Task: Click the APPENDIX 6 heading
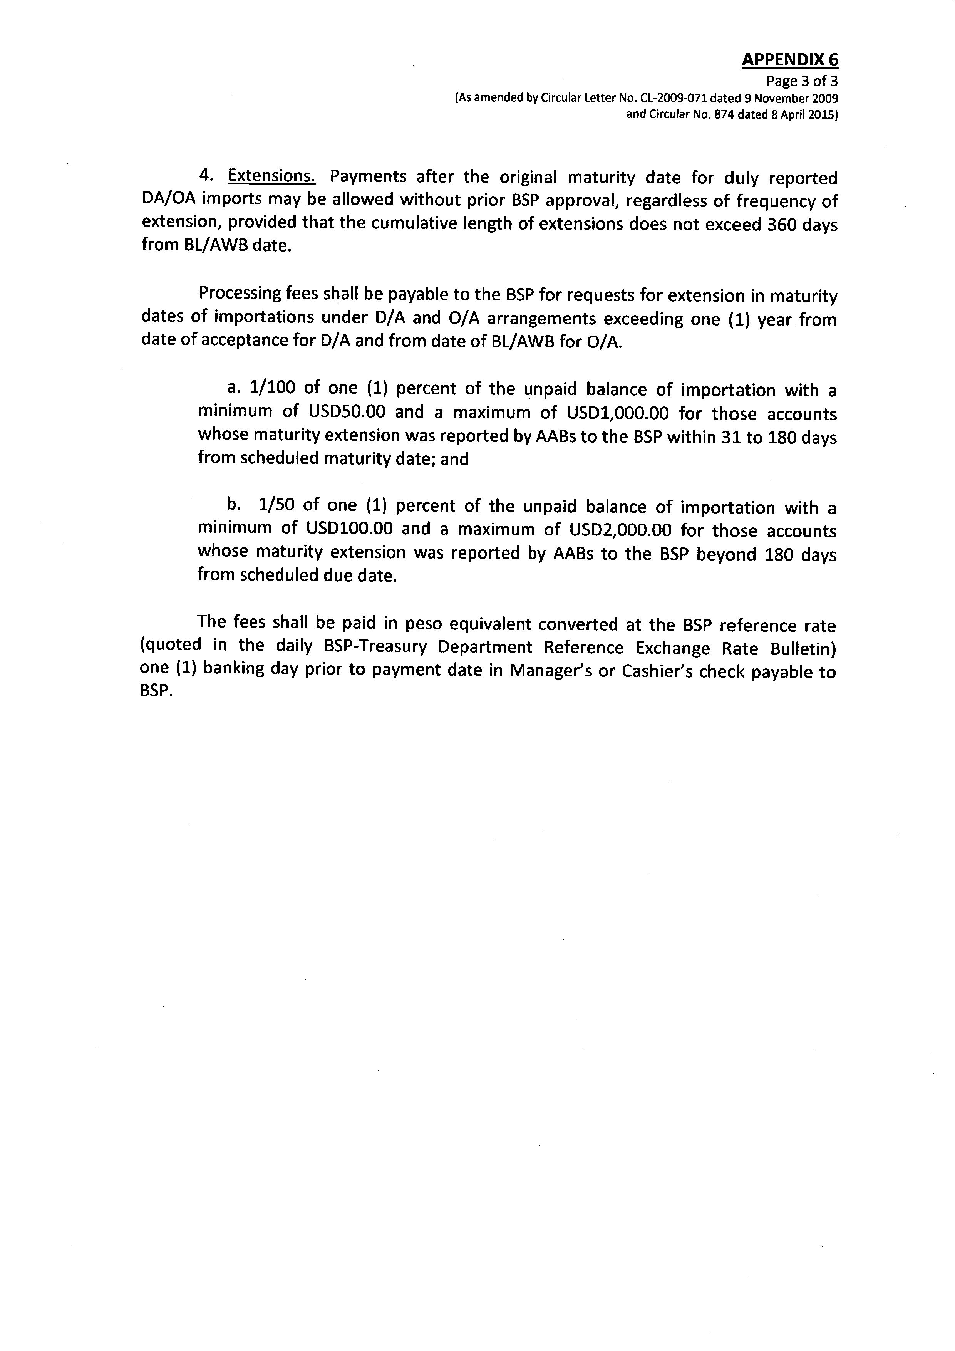coord(790,60)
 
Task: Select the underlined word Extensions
coord(272,176)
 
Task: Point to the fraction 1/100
coord(272,388)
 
